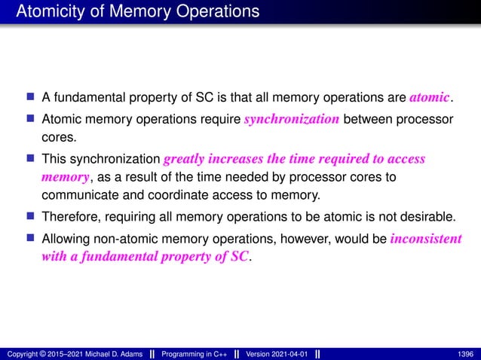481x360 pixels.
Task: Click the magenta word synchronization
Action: coord(291,120)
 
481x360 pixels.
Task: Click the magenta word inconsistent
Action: coord(427,239)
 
